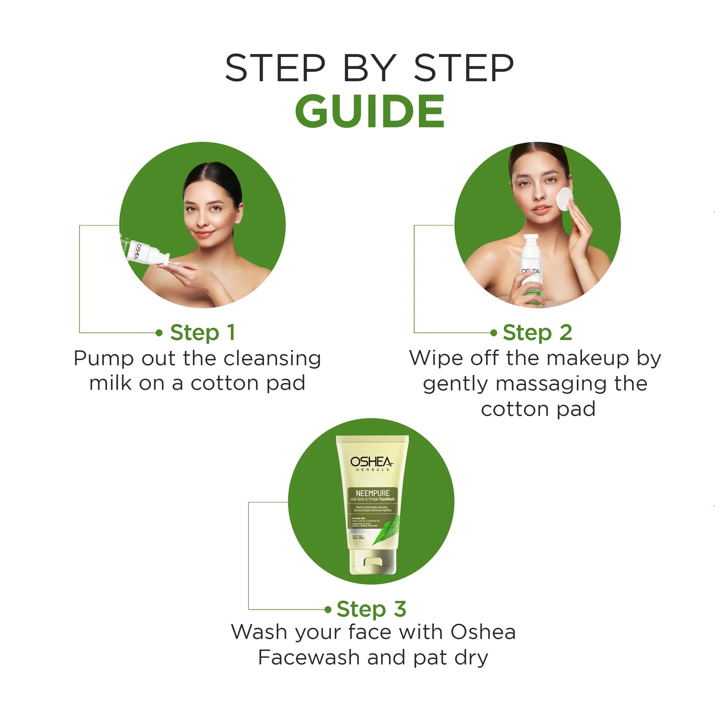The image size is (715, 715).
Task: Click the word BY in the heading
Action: pyautogui.click(x=369, y=68)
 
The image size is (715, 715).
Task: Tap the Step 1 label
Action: pyautogui.click(x=202, y=332)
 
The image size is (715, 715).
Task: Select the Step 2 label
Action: pyautogui.click(x=537, y=332)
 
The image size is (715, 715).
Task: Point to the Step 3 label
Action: pyautogui.click(x=371, y=609)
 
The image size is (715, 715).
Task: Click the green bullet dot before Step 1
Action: pyautogui.click(x=159, y=333)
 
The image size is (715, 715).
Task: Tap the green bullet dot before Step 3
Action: pyautogui.click(x=327, y=609)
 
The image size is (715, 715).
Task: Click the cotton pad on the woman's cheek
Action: pyautogui.click(x=564, y=199)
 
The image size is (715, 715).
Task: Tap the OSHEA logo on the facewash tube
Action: pyautogui.click(x=372, y=462)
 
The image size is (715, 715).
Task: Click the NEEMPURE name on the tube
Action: pyautogui.click(x=372, y=493)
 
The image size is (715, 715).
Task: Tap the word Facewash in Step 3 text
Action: pyautogui.click(x=309, y=658)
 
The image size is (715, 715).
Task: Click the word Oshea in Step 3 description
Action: pyautogui.click(x=483, y=632)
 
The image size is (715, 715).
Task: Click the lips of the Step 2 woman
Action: pyautogui.click(x=541, y=208)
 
